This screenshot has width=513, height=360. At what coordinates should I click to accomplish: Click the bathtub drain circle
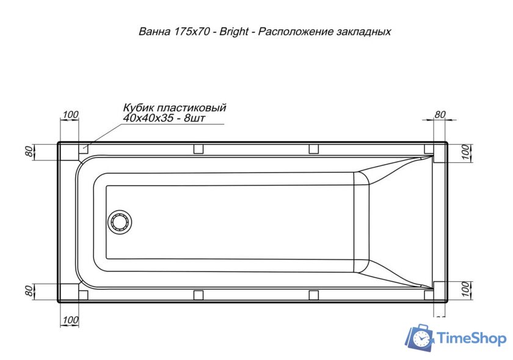119,221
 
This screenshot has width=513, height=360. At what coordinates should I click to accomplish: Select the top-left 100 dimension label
71,114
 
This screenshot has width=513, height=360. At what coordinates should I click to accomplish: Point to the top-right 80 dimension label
440,114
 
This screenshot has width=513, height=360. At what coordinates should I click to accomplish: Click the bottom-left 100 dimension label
71,320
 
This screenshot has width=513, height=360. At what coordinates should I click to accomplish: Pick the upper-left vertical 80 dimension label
28,151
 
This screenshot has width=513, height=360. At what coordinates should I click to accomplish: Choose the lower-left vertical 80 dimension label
28,291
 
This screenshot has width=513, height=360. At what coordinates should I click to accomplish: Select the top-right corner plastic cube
429,148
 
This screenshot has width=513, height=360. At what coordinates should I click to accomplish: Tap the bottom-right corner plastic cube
429,295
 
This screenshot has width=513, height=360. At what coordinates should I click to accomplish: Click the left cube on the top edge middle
198,148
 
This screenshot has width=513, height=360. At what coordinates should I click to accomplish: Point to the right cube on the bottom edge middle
314,295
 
